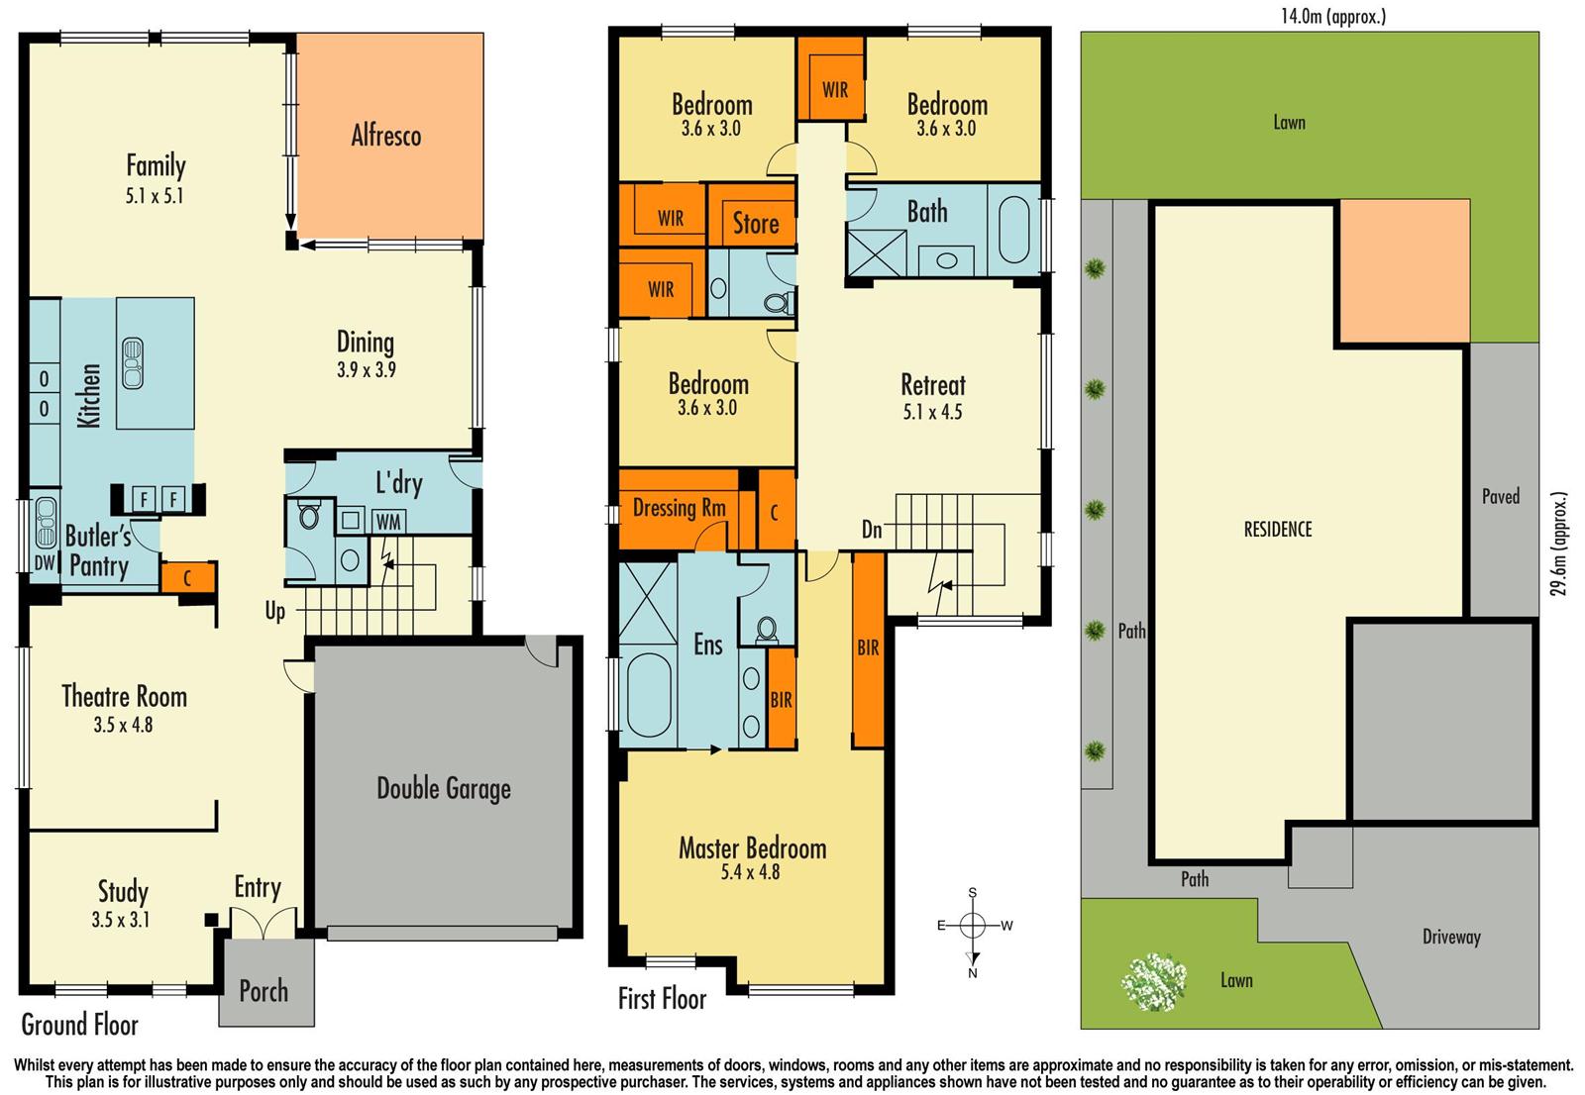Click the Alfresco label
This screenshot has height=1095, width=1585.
point(385,136)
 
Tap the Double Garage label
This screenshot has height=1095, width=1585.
point(444,789)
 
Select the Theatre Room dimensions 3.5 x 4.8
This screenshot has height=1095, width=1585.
point(123,725)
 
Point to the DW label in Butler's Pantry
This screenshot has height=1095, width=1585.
point(45,562)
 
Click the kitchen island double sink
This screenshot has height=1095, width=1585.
point(132,363)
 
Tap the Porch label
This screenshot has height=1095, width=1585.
point(264,991)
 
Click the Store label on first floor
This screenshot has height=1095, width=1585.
point(756,224)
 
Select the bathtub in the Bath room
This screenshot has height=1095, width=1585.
point(1014,230)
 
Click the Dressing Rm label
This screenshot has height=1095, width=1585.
point(679,508)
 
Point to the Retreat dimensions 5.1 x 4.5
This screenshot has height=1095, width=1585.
point(932,412)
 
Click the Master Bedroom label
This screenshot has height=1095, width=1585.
point(752,847)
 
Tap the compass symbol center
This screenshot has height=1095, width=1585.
point(973,926)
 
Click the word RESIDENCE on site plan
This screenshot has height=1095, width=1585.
point(1277,530)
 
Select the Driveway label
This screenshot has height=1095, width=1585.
point(1450,937)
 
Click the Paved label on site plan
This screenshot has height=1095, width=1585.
point(1500,497)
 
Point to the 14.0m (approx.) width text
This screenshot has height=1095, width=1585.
point(1332,16)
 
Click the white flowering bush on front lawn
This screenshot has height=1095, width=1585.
point(1154,980)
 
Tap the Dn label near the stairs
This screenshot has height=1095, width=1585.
point(872,530)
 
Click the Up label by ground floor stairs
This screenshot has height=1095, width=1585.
point(274,611)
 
